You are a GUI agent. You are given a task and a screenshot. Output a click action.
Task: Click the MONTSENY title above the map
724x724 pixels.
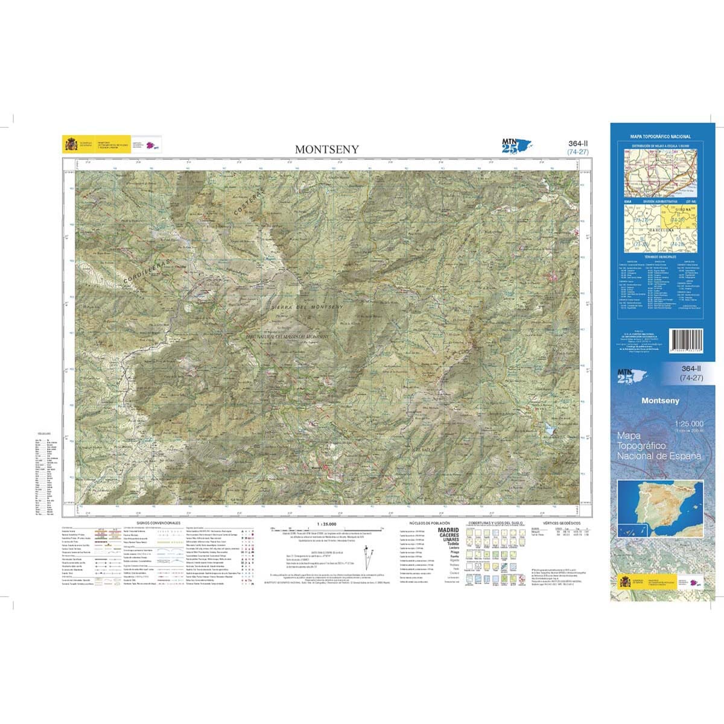pos(326,149)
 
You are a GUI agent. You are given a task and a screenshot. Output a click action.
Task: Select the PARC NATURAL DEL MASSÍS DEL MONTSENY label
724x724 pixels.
pos(287,336)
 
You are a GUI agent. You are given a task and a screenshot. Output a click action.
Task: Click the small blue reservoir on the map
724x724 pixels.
pos(549,430)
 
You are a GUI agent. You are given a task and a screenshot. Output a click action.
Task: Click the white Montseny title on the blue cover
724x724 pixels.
pos(660,401)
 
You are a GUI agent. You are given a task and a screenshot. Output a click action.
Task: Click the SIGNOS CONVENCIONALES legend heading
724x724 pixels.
pos(158,522)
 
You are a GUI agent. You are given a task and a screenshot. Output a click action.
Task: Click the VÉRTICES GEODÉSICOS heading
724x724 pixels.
pos(562,522)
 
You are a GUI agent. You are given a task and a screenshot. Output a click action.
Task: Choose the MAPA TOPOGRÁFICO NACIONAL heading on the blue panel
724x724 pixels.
pos(661,137)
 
